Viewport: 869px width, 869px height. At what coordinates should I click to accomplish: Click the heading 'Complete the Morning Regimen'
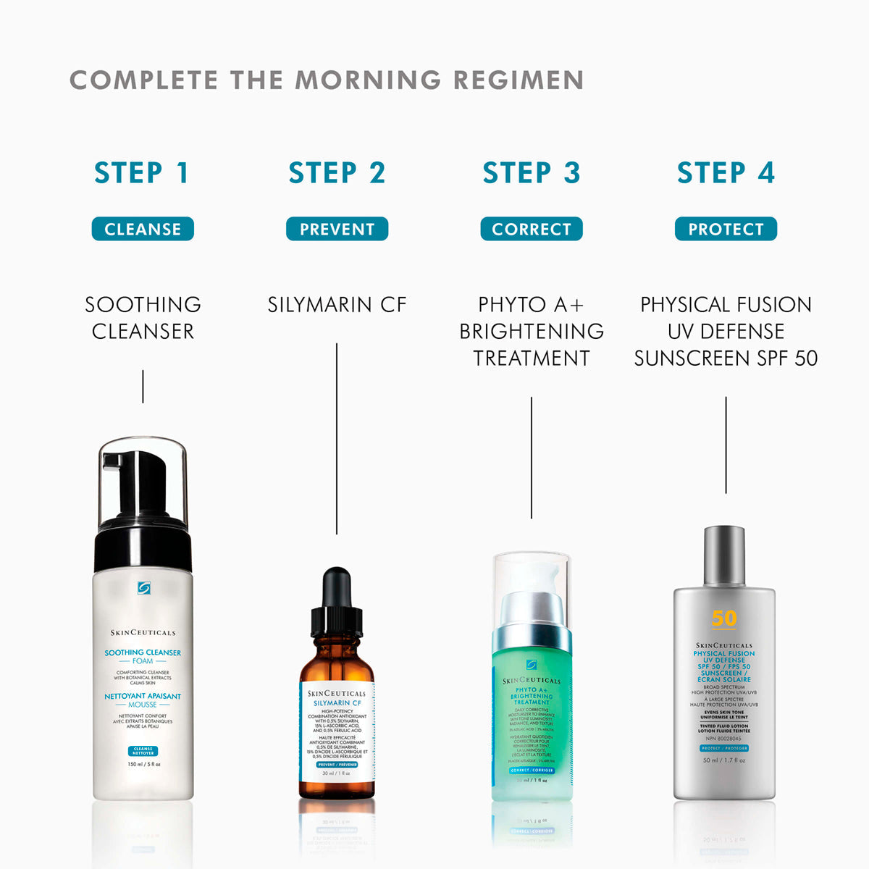click(327, 80)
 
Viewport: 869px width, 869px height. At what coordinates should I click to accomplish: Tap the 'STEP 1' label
click(142, 173)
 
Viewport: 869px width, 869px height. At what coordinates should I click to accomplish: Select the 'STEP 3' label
click(532, 173)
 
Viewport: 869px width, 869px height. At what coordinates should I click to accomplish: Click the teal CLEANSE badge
click(143, 229)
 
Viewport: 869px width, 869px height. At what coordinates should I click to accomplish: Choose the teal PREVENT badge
click(337, 229)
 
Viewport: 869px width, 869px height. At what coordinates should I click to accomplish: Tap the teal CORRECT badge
click(532, 229)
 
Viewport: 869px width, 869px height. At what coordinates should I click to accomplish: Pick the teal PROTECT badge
click(726, 229)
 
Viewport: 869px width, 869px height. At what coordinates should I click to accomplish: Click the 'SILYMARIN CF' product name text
click(337, 305)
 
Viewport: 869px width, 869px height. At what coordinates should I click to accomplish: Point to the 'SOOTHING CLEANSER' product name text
click(143, 318)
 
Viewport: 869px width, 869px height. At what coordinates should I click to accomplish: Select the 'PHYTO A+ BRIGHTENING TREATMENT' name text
click(532, 331)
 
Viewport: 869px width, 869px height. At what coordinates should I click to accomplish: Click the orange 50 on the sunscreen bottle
click(724, 618)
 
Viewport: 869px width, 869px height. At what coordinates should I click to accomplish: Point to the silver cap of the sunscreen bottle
click(724, 555)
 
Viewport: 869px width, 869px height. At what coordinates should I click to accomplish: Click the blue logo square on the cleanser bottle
click(143, 588)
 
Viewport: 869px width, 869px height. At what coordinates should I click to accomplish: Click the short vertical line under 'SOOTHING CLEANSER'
click(143, 386)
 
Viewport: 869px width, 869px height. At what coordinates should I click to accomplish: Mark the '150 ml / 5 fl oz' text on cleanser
click(143, 764)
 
